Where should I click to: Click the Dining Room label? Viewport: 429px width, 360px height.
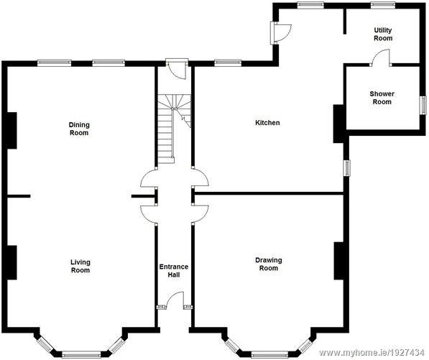tap(79, 129)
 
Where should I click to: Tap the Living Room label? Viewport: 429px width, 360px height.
tap(80, 266)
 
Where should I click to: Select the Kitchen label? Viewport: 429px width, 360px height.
tap(267, 123)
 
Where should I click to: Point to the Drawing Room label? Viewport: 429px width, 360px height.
tap(268, 264)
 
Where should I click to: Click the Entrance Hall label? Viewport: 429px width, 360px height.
tap(173, 270)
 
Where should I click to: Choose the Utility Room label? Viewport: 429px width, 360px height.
tap(382, 34)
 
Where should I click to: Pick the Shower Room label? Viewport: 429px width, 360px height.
tap(382, 98)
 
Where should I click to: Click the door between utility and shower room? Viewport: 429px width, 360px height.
tap(381, 59)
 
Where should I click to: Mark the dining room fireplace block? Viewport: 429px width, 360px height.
tap(11, 130)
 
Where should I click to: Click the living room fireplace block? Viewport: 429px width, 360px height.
tap(11, 262)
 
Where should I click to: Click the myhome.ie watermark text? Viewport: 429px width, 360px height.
tap(372, 353)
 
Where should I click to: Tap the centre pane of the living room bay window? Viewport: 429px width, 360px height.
tap(80, 353)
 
